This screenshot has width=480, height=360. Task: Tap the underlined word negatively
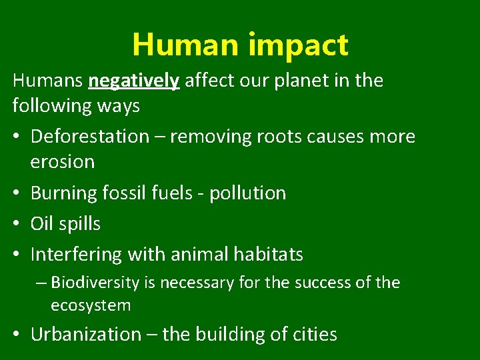(x=134, y=81)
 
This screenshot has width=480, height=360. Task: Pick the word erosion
(x=63, y=162)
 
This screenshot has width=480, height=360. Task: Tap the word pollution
(x=247, y=193)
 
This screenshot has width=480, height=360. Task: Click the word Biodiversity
(x=95, y=283)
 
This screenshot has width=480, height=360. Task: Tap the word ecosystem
(x=91, y=305)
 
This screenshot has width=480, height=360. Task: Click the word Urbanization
(x=86, y=334)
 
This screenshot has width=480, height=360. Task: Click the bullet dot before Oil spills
(x=17, y=225)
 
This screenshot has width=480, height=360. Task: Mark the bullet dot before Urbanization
(x=17, y=335)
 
